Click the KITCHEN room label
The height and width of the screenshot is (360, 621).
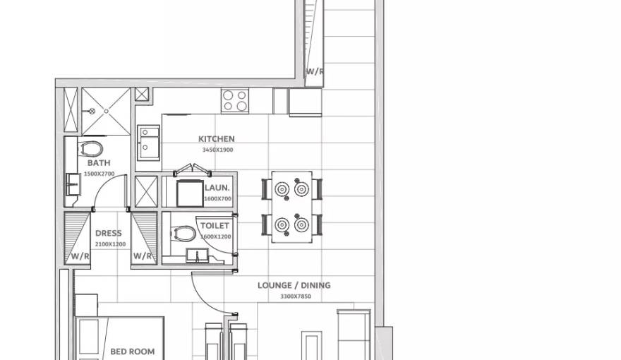coord(216,139)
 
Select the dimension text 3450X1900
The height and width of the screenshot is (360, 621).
coord(217,150)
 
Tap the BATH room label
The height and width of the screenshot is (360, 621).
coord(99,163)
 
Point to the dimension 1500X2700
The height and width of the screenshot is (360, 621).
coord(99,173)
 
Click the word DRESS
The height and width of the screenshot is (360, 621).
coord(108,233)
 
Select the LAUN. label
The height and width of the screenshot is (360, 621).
coord(217,188)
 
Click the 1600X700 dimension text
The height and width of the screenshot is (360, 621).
coord(217,198)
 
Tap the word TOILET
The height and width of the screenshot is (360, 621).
coord(215,226)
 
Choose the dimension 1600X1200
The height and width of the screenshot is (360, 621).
coord(215,236)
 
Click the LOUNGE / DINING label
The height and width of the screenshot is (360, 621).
coord(294,286)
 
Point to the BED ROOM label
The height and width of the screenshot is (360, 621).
coord(132,351)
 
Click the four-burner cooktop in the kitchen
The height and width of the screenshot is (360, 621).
coord(235,100)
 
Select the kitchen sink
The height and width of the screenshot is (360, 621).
coord(148,142)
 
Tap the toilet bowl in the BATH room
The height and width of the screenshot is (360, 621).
coord(90,148)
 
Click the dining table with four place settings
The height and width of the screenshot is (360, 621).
coord(292,207)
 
